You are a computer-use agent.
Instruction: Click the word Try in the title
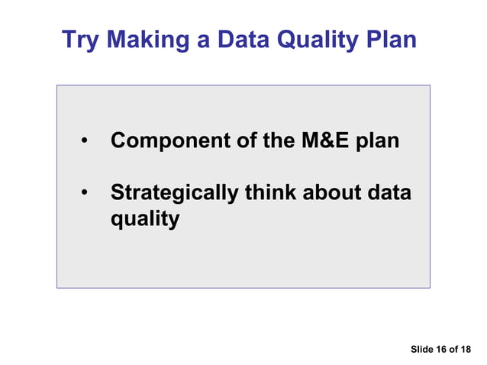[79, 40]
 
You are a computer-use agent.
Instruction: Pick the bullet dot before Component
[85, 142]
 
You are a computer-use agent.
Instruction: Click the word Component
[169, 141]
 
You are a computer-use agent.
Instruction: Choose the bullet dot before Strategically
[85, 194]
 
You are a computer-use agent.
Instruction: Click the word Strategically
[174, 194]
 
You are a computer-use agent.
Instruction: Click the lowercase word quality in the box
[145, 221]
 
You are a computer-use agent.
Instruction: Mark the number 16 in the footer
[440, 350]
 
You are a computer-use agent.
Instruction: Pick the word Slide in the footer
[421, 350]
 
